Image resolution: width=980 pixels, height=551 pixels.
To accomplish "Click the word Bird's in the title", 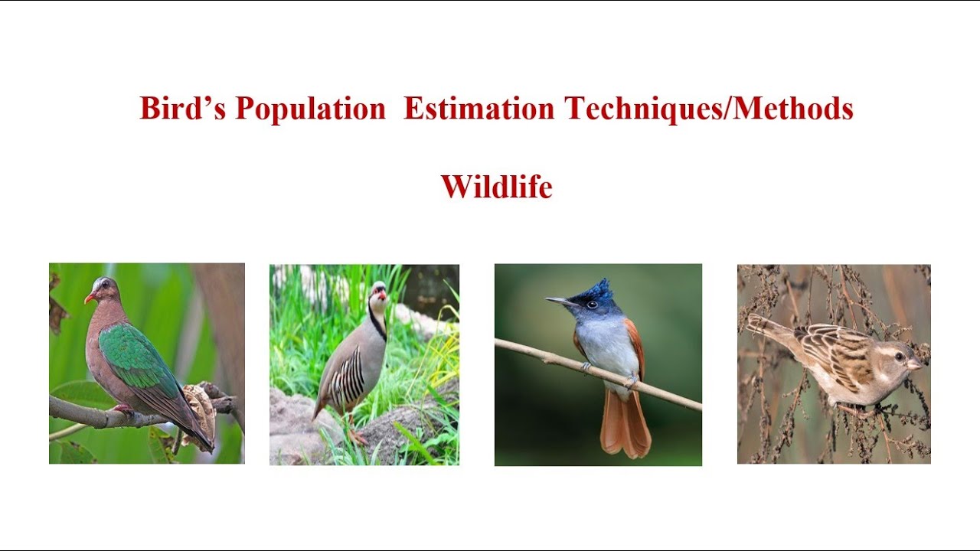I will pos(182,109).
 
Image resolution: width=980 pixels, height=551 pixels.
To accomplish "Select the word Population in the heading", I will pos(310,109).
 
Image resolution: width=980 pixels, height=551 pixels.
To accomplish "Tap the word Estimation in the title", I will pos(479,109).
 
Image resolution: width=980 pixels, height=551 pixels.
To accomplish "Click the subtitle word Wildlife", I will pos(496,187).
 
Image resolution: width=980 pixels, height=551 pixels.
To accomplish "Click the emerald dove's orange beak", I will pos(89,297).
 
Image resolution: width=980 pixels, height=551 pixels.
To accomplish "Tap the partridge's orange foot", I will pos(356,437).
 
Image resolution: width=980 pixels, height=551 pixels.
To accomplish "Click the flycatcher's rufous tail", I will pos(625,425).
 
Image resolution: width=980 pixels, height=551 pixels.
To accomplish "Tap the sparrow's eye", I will pos(899,357).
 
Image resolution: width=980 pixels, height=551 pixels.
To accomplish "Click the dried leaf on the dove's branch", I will pos(201,409).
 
